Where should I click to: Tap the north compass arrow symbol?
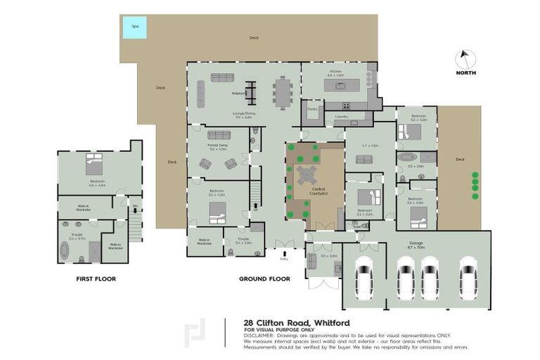(x=465, y=58)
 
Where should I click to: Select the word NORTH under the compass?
(x=465, y=73)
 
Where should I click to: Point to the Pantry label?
(x=312, y=109)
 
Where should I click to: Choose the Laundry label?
(x=342, y=117)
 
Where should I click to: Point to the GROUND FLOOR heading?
(x=264, y=279)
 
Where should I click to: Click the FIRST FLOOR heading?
(x=96, y=279)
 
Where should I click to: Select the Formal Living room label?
(x=217, y=147)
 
